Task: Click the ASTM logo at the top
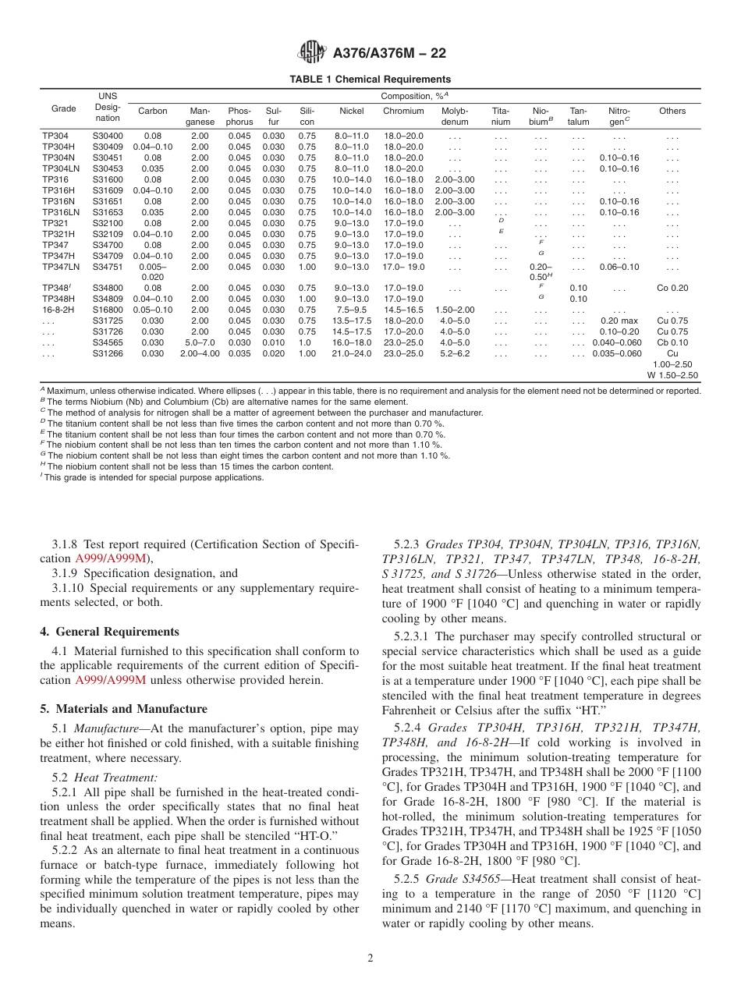[312, 53]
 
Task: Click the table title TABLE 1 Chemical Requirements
[370, 80]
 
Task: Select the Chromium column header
[402, 111]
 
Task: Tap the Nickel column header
[351, 111]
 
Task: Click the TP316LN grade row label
[61, 212]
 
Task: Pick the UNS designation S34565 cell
[108, 342]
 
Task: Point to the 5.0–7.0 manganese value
[200, 342]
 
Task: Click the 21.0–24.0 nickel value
[351, 353]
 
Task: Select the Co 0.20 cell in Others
[672, 288]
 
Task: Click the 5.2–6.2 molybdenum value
[454, 353]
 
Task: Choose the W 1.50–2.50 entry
[672, 375]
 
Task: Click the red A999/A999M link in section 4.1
[111, 679]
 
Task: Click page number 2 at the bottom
[370, 958]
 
